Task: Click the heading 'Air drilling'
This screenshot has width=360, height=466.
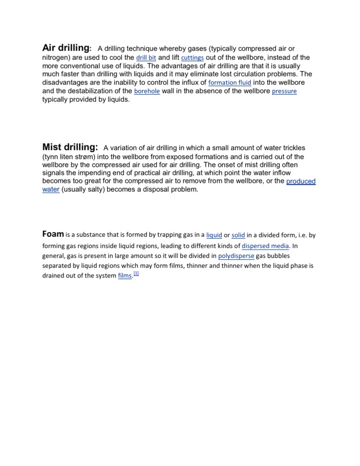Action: pyautogui.click(x=66, y=48)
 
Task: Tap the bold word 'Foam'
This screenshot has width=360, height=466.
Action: pyautogui.click(x=53, y=234)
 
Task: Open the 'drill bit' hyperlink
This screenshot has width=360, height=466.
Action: pyautogui.click(x=146, y=58)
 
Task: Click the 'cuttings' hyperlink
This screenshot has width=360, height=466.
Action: pyautogui.click(x=193, y=58)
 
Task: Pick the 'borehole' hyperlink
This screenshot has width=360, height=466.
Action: pyautogui.click(x=147, y=91)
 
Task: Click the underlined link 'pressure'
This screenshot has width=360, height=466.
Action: pyautogui.click(x=284, y=91)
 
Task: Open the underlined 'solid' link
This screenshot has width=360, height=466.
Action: pyautogui.click(x=238, y=235)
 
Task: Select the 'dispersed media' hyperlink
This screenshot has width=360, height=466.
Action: pyautogui.click(x=266, y=246)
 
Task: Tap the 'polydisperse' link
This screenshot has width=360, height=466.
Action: pyautogui.click(x=236, y=256)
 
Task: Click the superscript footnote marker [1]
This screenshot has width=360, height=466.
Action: pyautogui.click(x=136, y=273)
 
